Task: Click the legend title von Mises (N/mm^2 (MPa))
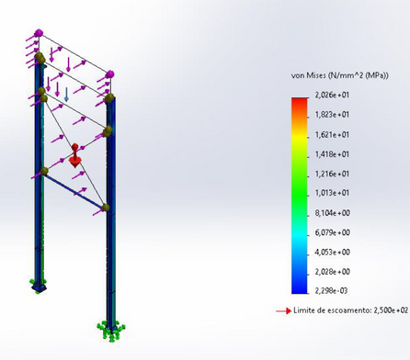pos(340,75)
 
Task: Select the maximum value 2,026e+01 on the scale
pos(332,95)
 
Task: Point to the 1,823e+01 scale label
pos(332,115)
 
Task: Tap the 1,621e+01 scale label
pos(332,135)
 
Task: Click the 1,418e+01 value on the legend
pos(332,154)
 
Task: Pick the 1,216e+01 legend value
pos(332,174)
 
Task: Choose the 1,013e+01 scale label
pos(332,193)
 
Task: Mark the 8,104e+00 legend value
pos(333,213)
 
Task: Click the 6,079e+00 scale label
pos(333,232)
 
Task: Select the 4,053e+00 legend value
pos(333,253)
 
